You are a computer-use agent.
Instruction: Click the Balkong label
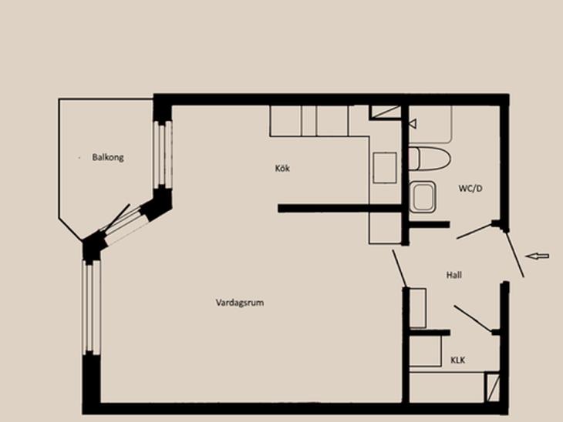[108, 157]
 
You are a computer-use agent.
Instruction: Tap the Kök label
[282, 168]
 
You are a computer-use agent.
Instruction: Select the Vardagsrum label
[240, 303]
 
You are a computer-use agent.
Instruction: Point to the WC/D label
[470, 188]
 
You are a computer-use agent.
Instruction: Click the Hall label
[453, 275]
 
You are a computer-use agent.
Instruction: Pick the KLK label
[458, 360]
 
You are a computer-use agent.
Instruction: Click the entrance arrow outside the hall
[537, 256]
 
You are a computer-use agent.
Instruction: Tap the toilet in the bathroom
[430, 159]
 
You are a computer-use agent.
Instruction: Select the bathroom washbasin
[423, 196]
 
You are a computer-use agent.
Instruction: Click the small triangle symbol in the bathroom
[413, 124]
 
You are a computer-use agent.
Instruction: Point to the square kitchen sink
[385, 168]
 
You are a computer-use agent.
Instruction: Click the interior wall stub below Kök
[339, 209]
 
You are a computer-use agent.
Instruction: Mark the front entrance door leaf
[515, 254]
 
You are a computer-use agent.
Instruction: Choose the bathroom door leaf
[474, 231]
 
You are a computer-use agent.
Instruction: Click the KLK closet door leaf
[473, 319]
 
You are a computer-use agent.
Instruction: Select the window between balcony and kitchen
[163, 154]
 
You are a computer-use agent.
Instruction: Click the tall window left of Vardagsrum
[91, 307]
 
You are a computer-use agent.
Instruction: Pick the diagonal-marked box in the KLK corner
[492, 387]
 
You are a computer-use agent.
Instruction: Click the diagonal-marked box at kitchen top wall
[386, 112]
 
